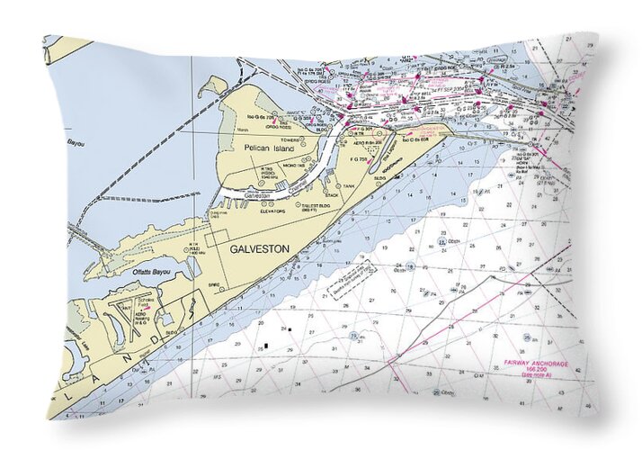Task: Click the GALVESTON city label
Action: coord(259,249)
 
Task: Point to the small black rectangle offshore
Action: coord(265,346)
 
